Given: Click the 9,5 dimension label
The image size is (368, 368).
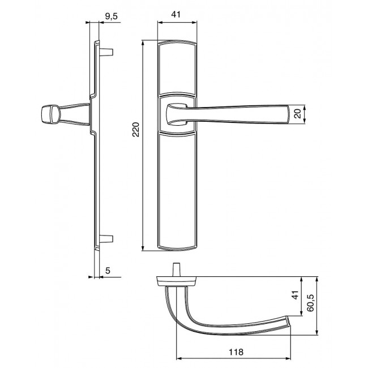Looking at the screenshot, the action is point(111,16).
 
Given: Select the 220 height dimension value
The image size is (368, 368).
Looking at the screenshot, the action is point(136,129).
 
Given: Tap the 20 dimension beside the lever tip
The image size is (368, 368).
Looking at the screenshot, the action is point(298,114).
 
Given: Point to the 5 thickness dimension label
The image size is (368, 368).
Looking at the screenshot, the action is point(108,271).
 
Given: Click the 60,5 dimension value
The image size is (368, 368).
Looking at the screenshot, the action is point(310,303).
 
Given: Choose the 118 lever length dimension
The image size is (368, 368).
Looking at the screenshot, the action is point(236,352).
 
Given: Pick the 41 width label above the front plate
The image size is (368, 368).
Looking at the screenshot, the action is point(176,14).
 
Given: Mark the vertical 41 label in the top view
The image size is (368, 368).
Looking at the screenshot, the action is point(295,295).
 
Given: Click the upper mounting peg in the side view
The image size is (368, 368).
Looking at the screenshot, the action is point(106,52).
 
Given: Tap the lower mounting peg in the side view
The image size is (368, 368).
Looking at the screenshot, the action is point(106,239).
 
